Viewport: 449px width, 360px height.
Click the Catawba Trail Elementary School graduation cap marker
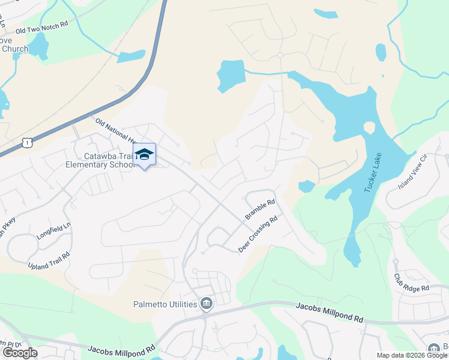pyautogui.click(x=144, y=155)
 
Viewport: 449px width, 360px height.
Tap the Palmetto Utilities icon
pyautogui.click(x=206, y=304)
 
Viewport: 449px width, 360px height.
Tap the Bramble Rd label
pyautogui.click(x=259, y=209)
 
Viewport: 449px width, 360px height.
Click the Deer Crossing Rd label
pyautogui.click(x=259, y=235)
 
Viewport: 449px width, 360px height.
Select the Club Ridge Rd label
pyautogui.click(x=411, y=284)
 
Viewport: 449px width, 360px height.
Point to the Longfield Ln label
pyautogui.click(x=53, y=232)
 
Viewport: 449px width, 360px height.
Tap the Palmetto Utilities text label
pyautogui.click(x=165, y=304)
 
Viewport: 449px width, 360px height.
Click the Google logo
pyautogui.click(x=20, y=353)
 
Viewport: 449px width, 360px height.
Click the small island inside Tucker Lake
pyautogui.click(x=369, y=128)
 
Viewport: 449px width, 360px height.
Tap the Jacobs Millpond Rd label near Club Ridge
pyautogui.click(x=330, y=313)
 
